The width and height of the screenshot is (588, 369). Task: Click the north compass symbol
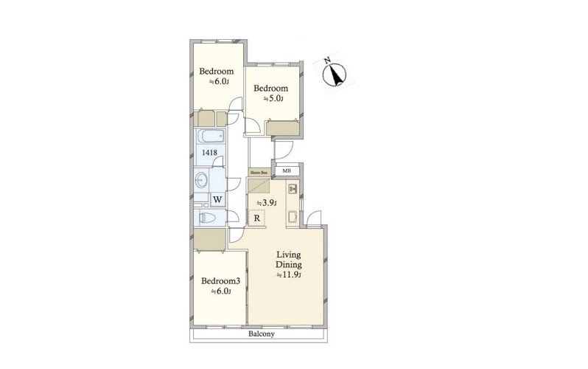point(334,73)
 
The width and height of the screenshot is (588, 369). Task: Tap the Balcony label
point(262,334)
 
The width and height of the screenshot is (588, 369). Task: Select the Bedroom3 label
point(220,280)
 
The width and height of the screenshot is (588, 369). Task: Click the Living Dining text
point(288,259)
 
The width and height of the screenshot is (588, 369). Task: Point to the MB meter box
point(287,171)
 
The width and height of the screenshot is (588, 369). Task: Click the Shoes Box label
point(259,173)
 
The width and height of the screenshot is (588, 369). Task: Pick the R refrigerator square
point(257,218)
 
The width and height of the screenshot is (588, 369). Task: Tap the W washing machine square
point(218,199)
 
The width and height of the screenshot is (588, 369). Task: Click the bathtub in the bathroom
point(211,136)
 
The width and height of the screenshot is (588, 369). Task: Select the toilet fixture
point(206,218)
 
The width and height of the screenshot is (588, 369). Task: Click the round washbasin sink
point(202,181)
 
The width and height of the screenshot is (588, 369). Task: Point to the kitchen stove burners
point(293,189)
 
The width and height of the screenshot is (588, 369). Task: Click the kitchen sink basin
point(293,218)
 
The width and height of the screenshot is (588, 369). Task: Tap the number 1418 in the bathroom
point(209,152)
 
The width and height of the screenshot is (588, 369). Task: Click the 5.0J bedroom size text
point(273,99)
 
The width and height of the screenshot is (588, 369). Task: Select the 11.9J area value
point(289,275)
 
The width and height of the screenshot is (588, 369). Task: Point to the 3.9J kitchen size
point(267,203)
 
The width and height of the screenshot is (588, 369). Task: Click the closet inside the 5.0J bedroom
point(283,128)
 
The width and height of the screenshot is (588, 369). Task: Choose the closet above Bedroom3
point(209,239)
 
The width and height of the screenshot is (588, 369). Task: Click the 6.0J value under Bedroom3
point(220,292)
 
